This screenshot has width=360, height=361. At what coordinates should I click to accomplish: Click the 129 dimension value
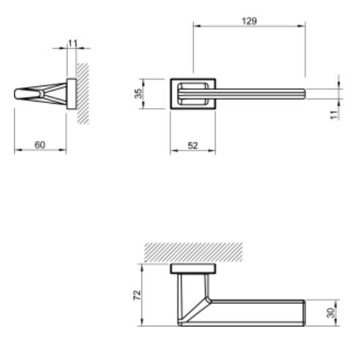[249, 22]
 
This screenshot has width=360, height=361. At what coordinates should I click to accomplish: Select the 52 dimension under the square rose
[192, 145]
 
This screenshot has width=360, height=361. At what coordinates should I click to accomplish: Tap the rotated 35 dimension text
[146, 94]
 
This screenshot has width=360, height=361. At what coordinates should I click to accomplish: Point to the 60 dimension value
[40, 145]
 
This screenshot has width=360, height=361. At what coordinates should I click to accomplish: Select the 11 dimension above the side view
[72, 44]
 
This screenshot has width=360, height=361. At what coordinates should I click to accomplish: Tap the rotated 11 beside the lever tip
[334, 114]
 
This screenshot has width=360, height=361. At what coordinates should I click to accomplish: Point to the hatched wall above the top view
[193, 252]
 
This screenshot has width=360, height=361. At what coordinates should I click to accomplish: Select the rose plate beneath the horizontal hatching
[192, 269]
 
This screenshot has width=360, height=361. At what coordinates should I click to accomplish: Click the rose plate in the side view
[71, 93]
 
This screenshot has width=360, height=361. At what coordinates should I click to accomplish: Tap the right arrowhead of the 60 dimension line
[64, 152]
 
